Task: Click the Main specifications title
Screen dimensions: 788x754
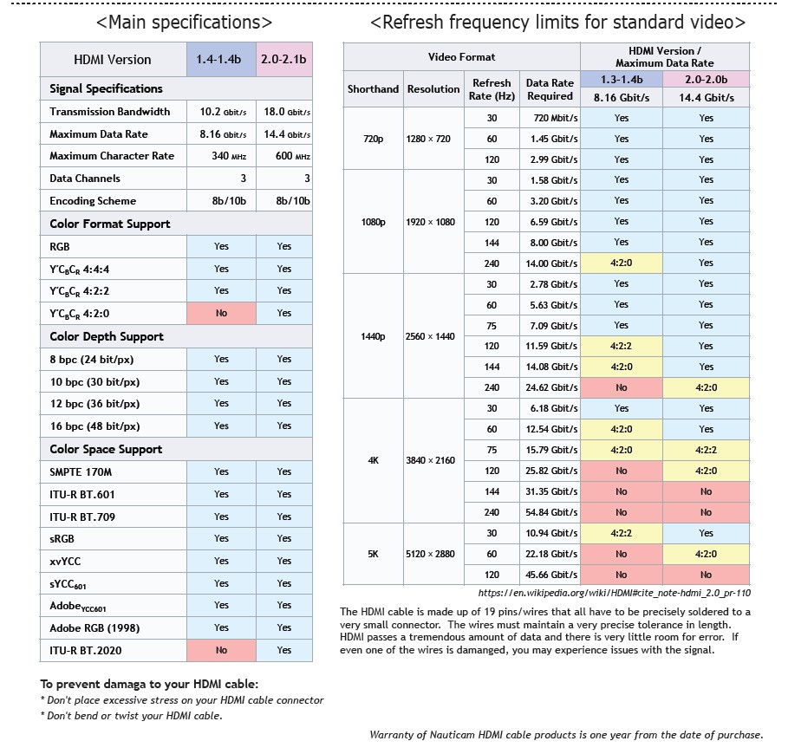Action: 184,23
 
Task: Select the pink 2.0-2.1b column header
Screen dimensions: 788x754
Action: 284,59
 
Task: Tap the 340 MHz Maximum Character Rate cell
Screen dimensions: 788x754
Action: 222,156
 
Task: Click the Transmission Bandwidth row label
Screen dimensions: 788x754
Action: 109,112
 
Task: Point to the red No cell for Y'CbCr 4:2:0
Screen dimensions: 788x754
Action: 222,313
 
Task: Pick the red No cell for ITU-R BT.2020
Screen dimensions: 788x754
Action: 222,650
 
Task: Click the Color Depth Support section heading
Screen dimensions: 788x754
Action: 107,336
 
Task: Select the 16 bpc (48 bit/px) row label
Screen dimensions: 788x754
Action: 95,426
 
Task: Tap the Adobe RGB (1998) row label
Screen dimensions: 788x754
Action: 94,628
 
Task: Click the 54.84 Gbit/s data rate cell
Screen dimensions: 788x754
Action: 550,512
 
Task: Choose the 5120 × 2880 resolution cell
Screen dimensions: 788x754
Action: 430,554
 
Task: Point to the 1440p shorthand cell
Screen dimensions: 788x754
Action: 374,336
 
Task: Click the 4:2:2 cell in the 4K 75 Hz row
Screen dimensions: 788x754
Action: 707,450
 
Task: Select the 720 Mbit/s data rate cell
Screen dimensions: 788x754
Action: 550,118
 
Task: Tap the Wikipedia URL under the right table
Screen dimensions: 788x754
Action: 614,593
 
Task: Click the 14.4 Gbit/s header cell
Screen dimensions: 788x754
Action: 707,97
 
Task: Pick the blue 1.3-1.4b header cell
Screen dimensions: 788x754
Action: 622,80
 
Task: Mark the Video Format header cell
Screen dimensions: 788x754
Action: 461,57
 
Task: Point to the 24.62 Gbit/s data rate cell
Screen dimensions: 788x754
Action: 550,387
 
